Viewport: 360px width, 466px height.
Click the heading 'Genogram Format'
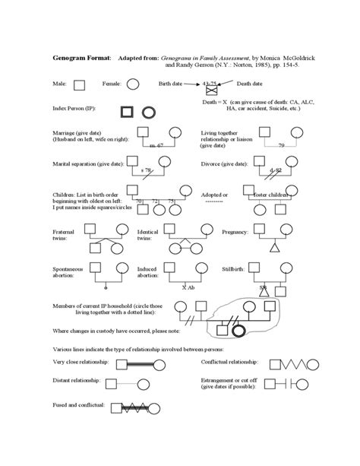[81, 58]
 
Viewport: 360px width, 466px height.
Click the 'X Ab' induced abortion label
[189, 288]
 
